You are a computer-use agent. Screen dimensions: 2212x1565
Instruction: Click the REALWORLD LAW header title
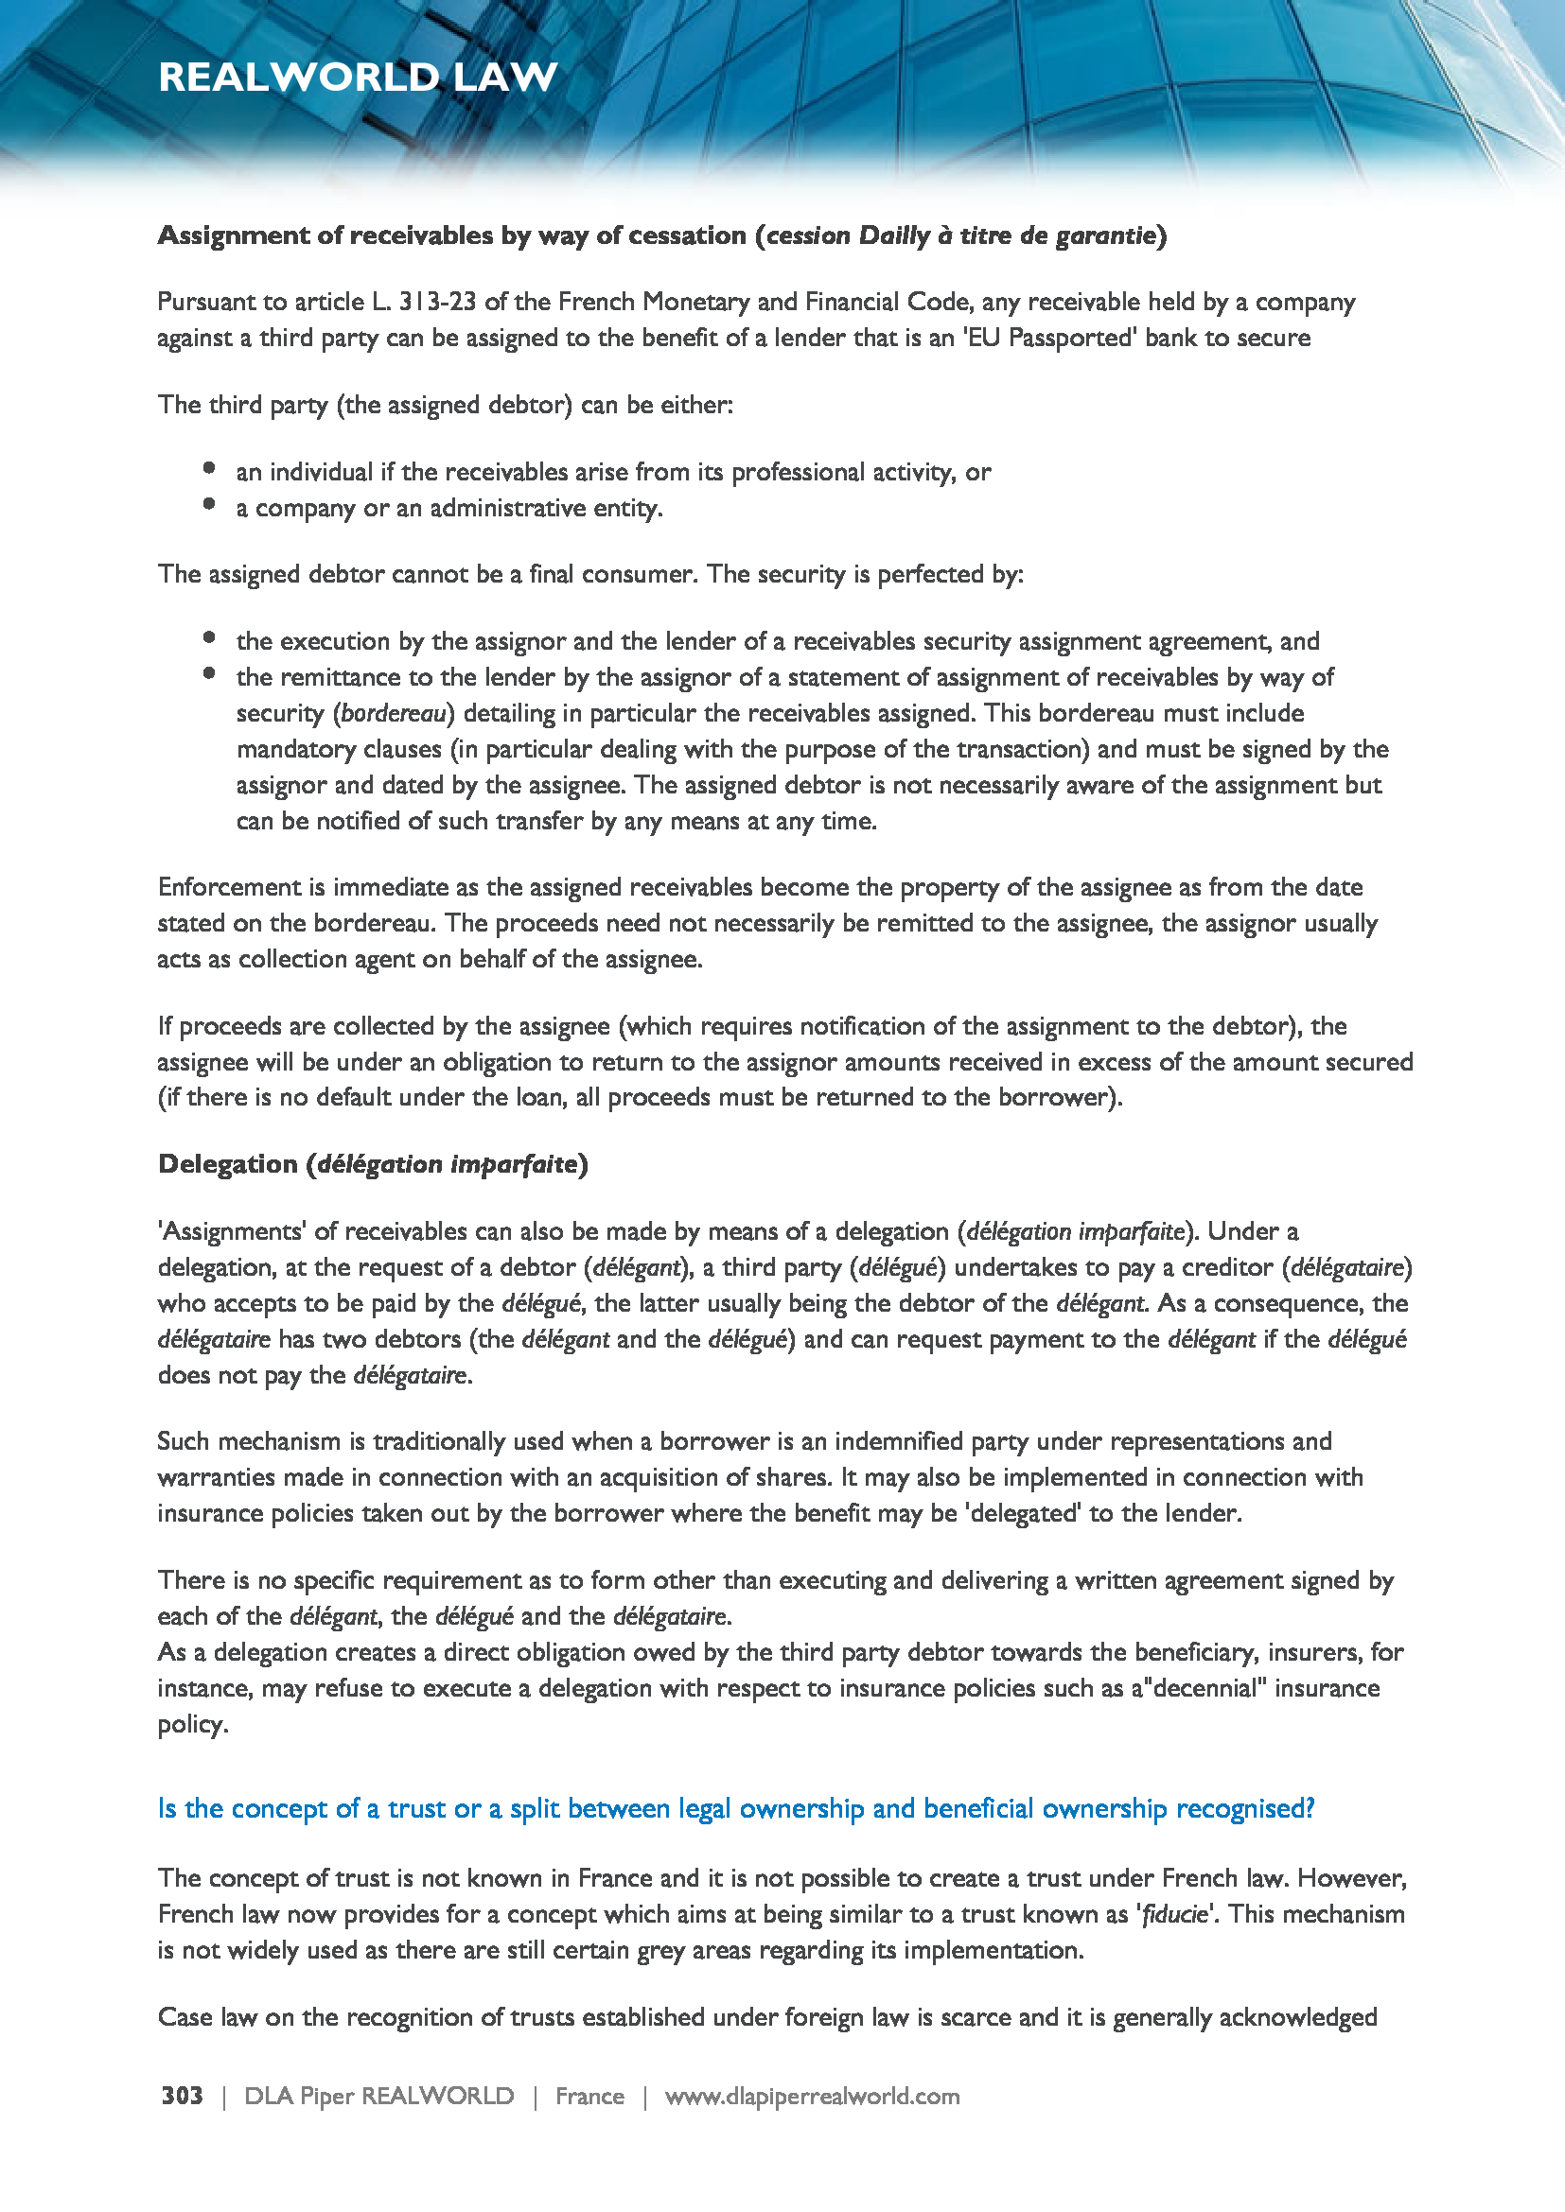coord(358,77)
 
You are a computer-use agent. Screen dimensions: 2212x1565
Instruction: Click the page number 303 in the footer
coord(182,2096)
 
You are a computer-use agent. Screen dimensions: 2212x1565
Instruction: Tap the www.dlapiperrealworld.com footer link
coord(812,2096)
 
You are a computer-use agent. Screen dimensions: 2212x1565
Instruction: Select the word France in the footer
coord(589,2096)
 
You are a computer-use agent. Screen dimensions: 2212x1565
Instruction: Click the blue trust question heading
coord(735,1808)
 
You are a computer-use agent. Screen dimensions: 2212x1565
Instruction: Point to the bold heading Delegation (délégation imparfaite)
coord(372,1164)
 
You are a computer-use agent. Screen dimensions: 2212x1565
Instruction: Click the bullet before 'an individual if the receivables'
coord(209,468)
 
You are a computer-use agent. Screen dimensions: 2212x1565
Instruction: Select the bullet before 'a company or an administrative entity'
coord(209,504)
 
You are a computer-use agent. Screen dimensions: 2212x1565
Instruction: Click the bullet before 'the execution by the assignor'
coord(209,637)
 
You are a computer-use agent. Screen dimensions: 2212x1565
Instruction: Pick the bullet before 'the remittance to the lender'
coord(209,673)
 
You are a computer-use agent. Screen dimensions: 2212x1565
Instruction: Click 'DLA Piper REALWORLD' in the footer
coord(378,2096)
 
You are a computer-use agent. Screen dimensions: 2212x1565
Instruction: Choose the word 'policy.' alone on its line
coord(193,1724)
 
